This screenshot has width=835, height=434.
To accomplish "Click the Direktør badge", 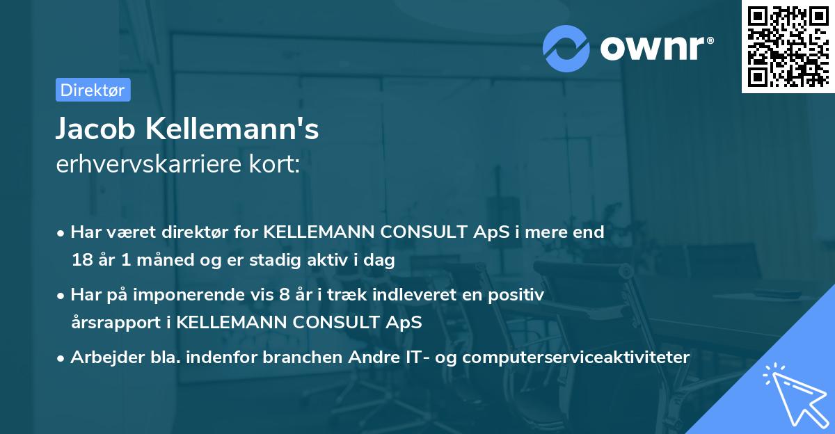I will (93, 90).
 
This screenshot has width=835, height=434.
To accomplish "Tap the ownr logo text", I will (656, 47).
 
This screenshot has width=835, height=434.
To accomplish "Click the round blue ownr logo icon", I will (566, 48).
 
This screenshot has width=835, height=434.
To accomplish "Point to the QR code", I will (788, 46).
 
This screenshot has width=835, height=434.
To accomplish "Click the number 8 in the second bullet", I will (283, 295).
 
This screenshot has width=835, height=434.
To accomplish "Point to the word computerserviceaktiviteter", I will (575, 357).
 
